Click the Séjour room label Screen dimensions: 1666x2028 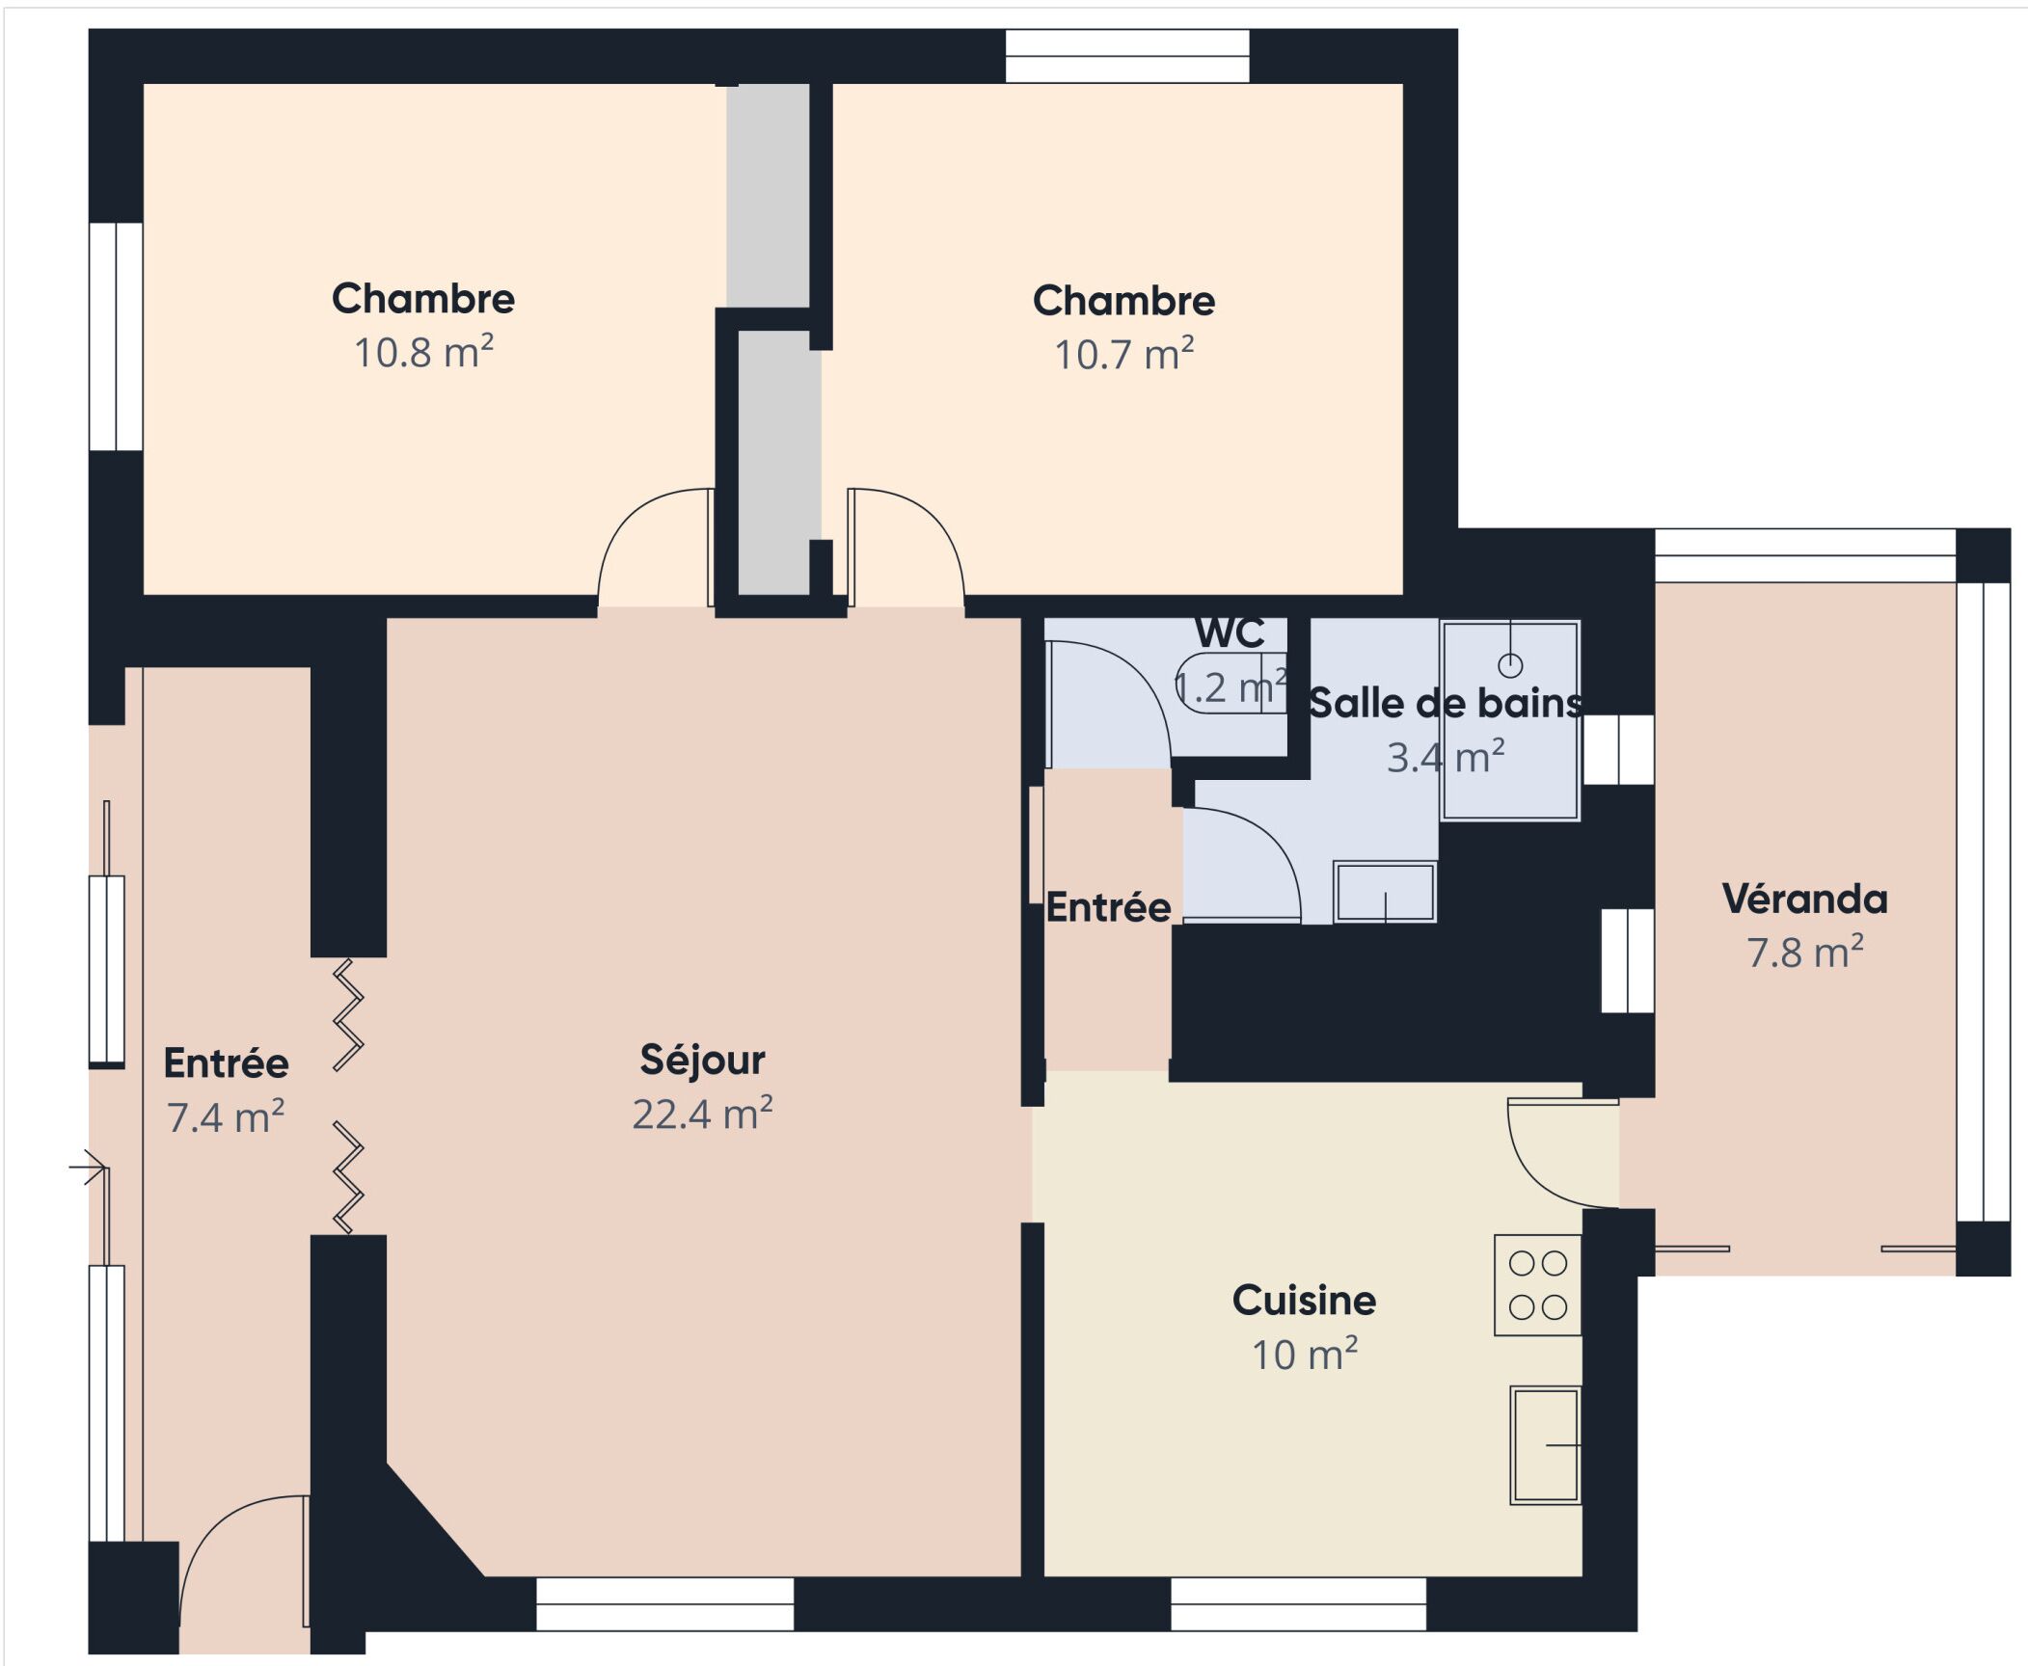click(702, 1060)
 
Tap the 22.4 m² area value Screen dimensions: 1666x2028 click(702, 1115)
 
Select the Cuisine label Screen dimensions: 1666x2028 click(1304, 1301)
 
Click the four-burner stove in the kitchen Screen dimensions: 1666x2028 click(1537, 1285)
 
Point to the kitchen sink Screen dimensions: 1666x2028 click(1544, 1445)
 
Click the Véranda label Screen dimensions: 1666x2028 click(1804, 899)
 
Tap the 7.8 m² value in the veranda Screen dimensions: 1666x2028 click(1804, 953)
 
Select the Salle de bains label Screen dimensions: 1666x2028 click(1445, 704)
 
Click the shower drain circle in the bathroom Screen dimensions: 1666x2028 click(1510, 665)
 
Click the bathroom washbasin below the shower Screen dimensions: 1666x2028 click(1385, 892)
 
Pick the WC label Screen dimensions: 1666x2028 click(1230, 633)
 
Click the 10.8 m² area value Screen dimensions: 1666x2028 click(423, 353)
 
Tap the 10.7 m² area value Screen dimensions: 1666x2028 click(1123, 355)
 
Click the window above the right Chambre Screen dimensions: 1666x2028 click(1127, 56)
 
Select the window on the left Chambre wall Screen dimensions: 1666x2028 click(117, 336)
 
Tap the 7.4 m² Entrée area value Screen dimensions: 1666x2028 click(226, 1118)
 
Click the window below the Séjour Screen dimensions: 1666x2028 click(664, 1604)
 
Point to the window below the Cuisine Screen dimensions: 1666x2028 click(1298, 1604)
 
